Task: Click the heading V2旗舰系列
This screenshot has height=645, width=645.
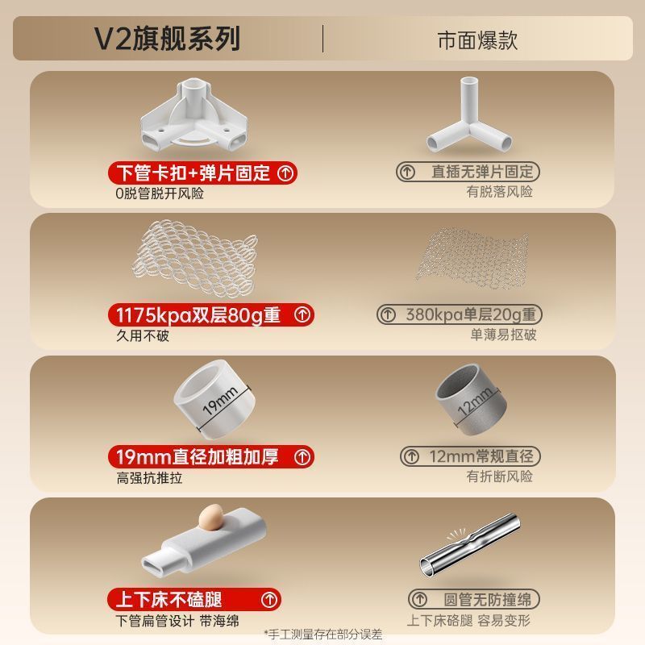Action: (167, 39)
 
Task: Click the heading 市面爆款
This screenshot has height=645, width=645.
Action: (477, 40)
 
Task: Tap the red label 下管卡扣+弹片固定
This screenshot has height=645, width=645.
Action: (202, 173)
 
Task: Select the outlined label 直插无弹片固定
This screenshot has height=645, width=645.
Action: (468, 172)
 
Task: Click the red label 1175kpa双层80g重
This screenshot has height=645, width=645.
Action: (210, 315)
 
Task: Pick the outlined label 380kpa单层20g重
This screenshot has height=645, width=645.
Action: (460, 314)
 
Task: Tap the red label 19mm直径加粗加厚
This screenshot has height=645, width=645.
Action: (210, 457)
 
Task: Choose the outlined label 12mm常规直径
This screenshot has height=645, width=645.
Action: (470, 456)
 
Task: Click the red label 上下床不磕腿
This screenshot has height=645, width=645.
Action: (194, 599)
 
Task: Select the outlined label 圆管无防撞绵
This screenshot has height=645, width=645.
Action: (474, 599)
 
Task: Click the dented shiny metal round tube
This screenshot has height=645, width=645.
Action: (470, 546)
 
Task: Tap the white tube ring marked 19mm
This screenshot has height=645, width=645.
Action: (214, 398)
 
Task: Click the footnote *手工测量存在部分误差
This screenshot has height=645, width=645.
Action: (323, 634)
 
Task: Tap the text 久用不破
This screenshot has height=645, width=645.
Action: (143, 335)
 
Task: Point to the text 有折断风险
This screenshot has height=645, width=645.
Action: (499, 476)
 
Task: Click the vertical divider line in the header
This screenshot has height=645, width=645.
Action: (323, 39)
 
